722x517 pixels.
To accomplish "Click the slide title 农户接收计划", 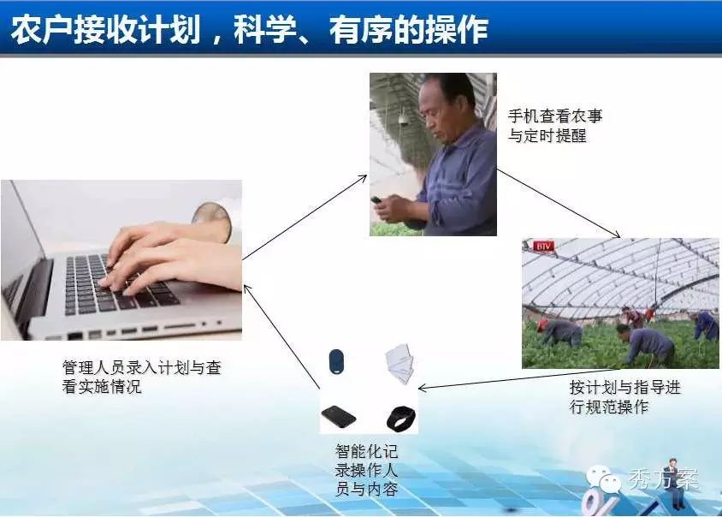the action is click(106, 30).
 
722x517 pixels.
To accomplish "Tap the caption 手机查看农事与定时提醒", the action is click(555, 125).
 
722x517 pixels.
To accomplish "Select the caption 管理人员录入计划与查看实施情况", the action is click(142, 377).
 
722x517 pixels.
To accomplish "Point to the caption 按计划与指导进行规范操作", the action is click(624, 396).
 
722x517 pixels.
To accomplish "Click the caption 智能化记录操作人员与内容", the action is click(366, 470).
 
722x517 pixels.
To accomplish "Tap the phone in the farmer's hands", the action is click(377, 200).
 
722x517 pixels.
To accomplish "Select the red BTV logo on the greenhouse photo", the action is click(543, 247).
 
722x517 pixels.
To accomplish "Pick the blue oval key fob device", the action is click(336, 362).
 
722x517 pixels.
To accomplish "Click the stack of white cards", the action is click(399, 363).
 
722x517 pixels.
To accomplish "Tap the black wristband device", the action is click(400, 419).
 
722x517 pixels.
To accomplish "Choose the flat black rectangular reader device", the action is click(339, 417).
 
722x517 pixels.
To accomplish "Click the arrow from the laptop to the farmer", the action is click(305, 217).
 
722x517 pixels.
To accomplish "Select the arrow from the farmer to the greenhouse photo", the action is click(559, 203).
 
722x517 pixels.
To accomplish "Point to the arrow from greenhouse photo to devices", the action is click(518, 379).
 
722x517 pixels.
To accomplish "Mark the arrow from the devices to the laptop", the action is click(281, 336).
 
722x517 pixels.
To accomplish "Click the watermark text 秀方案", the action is click(664, 478).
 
